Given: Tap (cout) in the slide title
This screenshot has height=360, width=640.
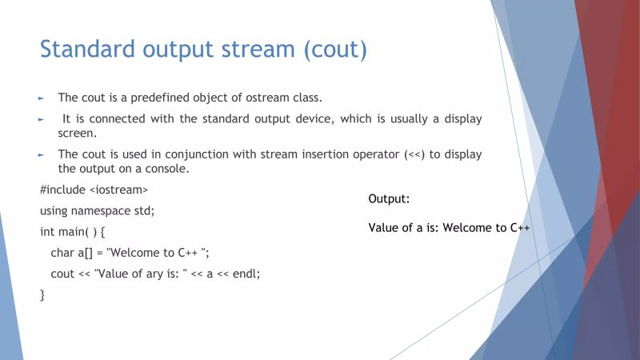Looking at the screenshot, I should tap(334, 49).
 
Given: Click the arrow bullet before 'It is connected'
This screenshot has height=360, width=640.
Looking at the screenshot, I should tap(42, 119).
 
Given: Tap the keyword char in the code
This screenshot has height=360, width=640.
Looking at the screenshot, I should tap(62, 253).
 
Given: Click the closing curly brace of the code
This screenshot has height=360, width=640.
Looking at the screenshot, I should tap(42, 294).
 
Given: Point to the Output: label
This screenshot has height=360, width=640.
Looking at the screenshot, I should tap(389, 199).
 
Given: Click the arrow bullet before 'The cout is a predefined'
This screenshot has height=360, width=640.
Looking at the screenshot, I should tap(42, 98).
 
